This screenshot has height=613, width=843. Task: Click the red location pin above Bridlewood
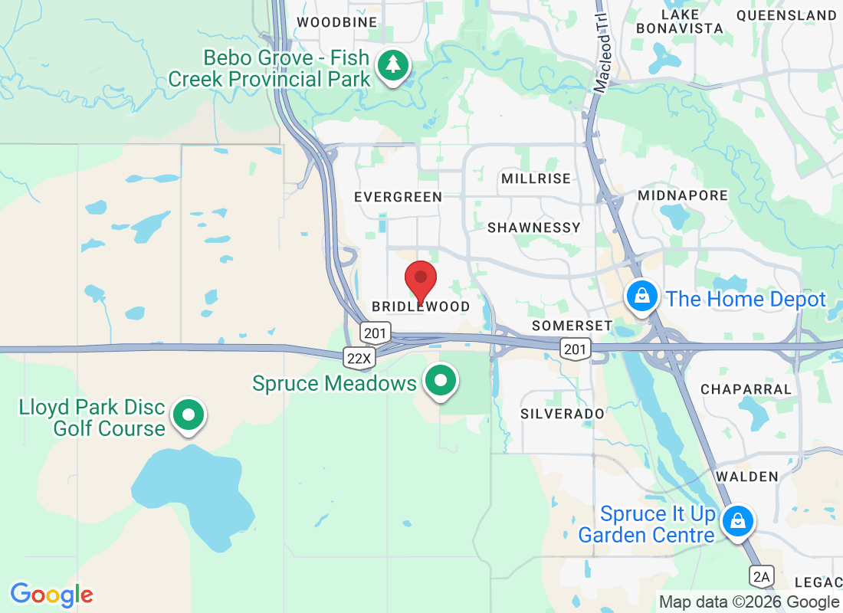point(420,280)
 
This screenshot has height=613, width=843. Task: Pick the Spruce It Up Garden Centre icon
point(738,522)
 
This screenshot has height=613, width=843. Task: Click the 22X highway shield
point(358,357)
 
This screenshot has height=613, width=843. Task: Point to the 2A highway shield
point(762,575)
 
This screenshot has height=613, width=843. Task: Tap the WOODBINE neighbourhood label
point(337,22)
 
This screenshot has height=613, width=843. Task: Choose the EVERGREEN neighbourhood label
point(398,198)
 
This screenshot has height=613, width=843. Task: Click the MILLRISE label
point(536,179)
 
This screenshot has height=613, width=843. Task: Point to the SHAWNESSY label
point(534,228)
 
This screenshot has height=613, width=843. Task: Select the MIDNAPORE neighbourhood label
point(683,195)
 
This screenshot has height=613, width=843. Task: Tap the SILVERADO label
point(562,414)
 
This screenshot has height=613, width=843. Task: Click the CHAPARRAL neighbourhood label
point(746,389)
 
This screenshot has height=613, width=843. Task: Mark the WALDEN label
point(746,477)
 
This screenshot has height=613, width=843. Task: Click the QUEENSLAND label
point(786,15)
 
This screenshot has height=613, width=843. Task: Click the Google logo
point(51,594)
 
